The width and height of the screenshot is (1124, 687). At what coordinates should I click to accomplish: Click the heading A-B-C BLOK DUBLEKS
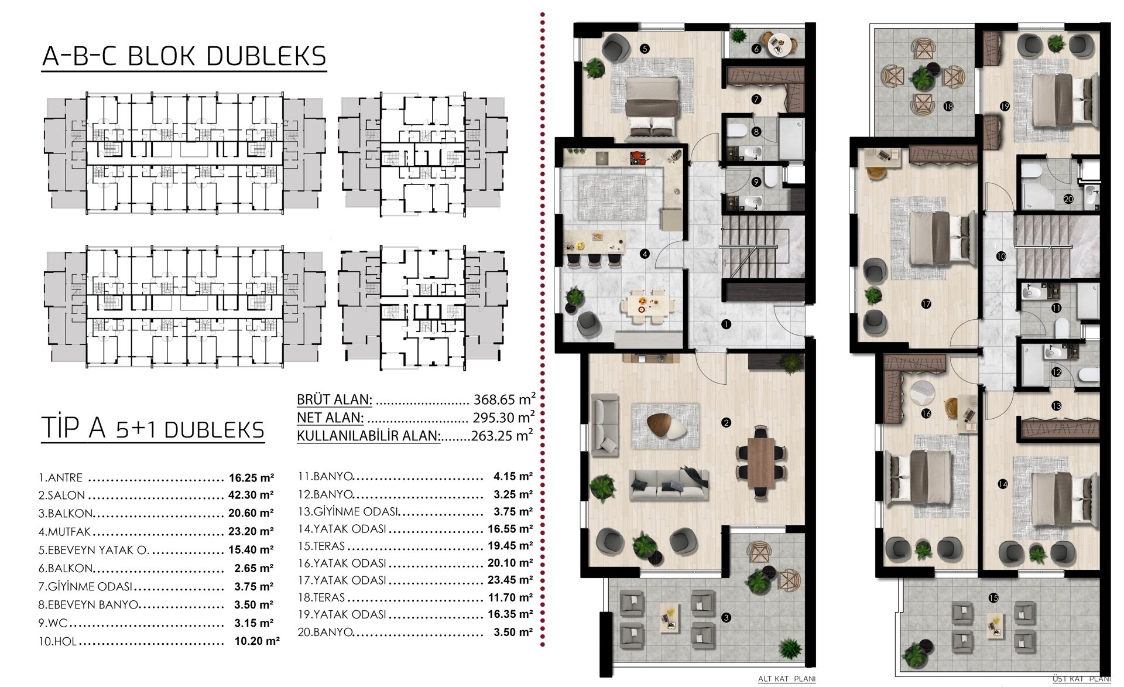(184, 56)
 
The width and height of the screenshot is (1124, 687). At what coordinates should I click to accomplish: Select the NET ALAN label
(330, 418)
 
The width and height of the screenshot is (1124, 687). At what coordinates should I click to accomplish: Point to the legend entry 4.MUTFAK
(65, 532)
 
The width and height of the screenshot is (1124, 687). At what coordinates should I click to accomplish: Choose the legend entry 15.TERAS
(321, 546)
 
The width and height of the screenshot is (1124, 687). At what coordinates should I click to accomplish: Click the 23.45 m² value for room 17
(510, 580)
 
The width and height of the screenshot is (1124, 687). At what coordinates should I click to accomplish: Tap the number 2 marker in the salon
(727, 422)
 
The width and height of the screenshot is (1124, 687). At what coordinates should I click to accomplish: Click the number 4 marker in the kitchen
(645, 254)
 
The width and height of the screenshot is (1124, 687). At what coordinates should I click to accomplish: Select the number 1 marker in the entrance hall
(726, 323)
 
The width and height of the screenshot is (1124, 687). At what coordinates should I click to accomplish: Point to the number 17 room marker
(926, 304)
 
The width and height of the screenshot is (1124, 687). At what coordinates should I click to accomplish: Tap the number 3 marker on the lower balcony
(726, 617)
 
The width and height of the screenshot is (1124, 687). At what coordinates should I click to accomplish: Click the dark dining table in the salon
(760, 461)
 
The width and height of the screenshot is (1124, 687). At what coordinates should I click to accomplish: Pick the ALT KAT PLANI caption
(787, 679)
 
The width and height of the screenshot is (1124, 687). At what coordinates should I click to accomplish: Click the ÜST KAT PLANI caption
(1081, 679)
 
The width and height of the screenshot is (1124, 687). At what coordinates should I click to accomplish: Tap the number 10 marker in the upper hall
(1001, 257)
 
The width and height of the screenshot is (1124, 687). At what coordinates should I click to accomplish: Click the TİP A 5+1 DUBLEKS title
(153, 429)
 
